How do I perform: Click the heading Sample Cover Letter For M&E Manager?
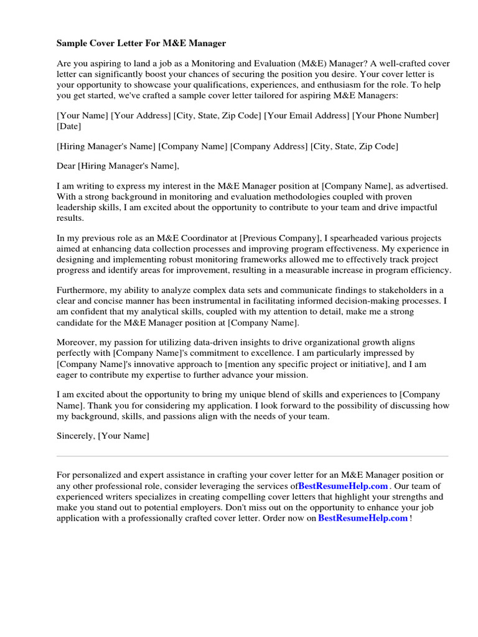(141, 44)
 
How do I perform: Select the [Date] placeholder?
(68, 126)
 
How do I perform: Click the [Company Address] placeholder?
(269, 146)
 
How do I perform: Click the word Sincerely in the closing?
(75, 436)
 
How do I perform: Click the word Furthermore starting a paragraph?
(82, 291)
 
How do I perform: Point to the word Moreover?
(75, 343)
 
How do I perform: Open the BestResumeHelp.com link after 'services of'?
(343, 486)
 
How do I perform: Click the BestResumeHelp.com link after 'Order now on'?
(363, 518)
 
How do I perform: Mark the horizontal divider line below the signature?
(252, 456)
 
